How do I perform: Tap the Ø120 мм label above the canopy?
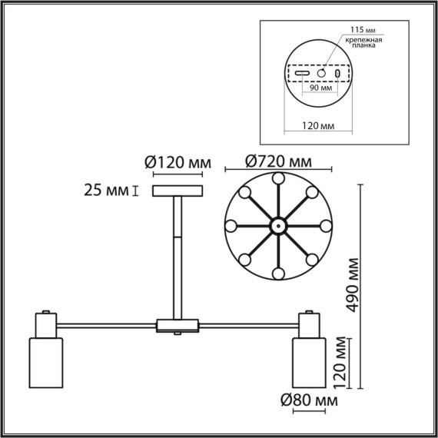pyautogui.click(x=178, y=162)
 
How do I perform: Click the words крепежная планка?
pyautogui.click(x=362, y=42)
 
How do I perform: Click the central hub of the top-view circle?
pyautogui.click(x=277, y=226)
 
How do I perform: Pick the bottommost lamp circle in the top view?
pyautogui.click(x=277, y=274)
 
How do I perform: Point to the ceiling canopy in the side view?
pyautogui.click(x=178, y=191)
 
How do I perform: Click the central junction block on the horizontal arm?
pyautogui.click(x=178, y=326)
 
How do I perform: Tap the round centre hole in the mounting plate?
pyautogui.click(x=321, y=72)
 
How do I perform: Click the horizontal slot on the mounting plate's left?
pyautogui.click(x=304, y=73)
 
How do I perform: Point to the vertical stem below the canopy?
pyautogui.click(x=178, y=254)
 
